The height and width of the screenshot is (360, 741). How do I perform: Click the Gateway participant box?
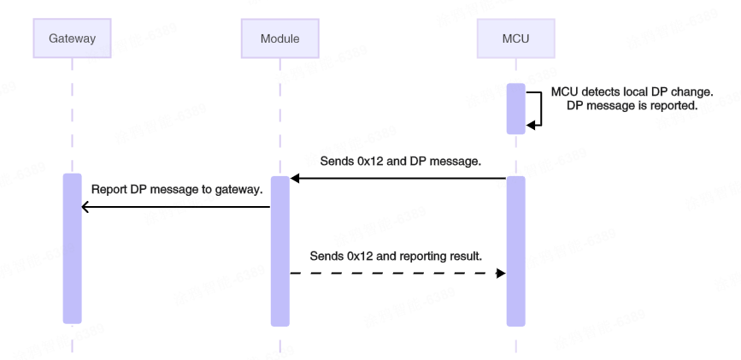click(73, 38)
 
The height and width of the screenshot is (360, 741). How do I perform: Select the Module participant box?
click(279, 38)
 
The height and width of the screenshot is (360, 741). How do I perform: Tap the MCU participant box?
click(515, 38)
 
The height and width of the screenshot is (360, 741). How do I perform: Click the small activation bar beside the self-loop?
click(515, 109)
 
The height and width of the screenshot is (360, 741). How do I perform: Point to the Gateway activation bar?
click(73, 248)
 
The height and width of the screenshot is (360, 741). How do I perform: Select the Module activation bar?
click(280, 251)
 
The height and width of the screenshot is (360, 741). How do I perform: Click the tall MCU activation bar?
click(515, 251)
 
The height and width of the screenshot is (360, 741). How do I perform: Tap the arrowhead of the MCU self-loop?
click(532, 125)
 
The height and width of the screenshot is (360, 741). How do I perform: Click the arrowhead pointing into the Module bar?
click(295, 179)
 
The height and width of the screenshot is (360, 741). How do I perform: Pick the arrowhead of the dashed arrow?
click(501, 273)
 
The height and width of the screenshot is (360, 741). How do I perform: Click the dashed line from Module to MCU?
click(393, 273)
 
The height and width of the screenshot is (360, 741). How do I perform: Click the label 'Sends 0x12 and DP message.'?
click(399, 161)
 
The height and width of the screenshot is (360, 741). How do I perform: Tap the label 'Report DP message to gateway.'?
click(176, 189)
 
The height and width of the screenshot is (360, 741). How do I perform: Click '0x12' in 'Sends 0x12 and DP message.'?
click(372, 161)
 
